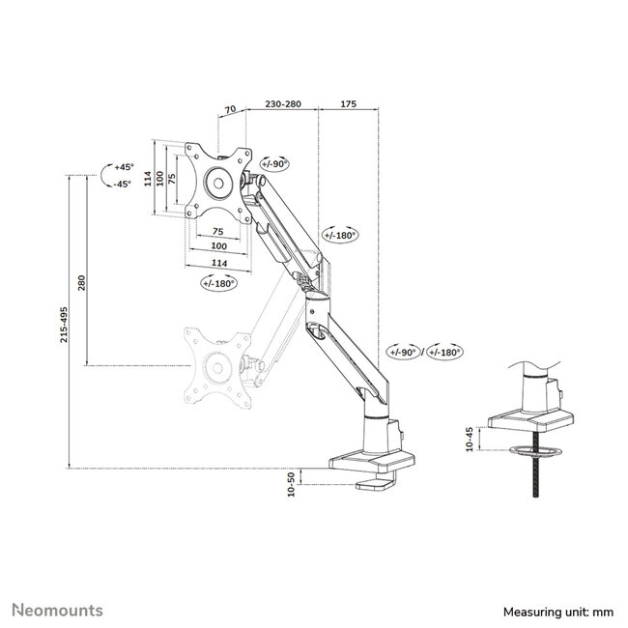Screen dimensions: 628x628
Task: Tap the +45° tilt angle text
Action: [x=122, y=166]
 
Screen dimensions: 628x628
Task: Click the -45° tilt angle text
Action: [x=122, y=184]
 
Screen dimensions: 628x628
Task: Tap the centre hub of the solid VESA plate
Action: [x=217, y=184]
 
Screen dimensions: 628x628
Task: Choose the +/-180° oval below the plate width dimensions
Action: [x=220, y=283]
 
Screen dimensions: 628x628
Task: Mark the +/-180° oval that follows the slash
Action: [x=444, y=353]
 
